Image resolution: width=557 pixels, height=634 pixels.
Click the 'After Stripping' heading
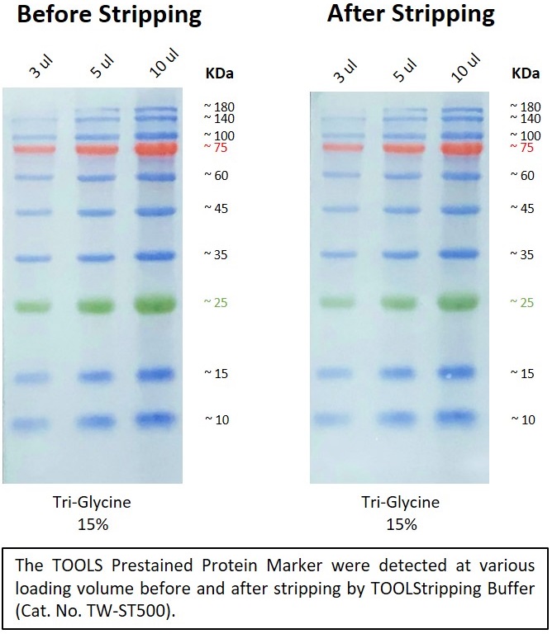pyautogui.click(x=411, y=15)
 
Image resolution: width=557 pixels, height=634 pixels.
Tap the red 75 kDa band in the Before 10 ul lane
pyautogui.click(x=157, y=149)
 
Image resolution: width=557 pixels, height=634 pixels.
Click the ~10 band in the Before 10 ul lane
pyautogui.click(x=157, y=419)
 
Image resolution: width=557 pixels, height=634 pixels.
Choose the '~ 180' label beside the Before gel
pyautogui.click(x=221, y=106)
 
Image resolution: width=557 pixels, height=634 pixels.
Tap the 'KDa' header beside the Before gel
pyautogui.click(x=219, y=73)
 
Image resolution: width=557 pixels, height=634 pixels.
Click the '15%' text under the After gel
pyautogui.click(x=400, y=524)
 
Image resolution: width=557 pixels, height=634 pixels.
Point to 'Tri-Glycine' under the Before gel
pyautogui.click(x=98, y=502)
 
